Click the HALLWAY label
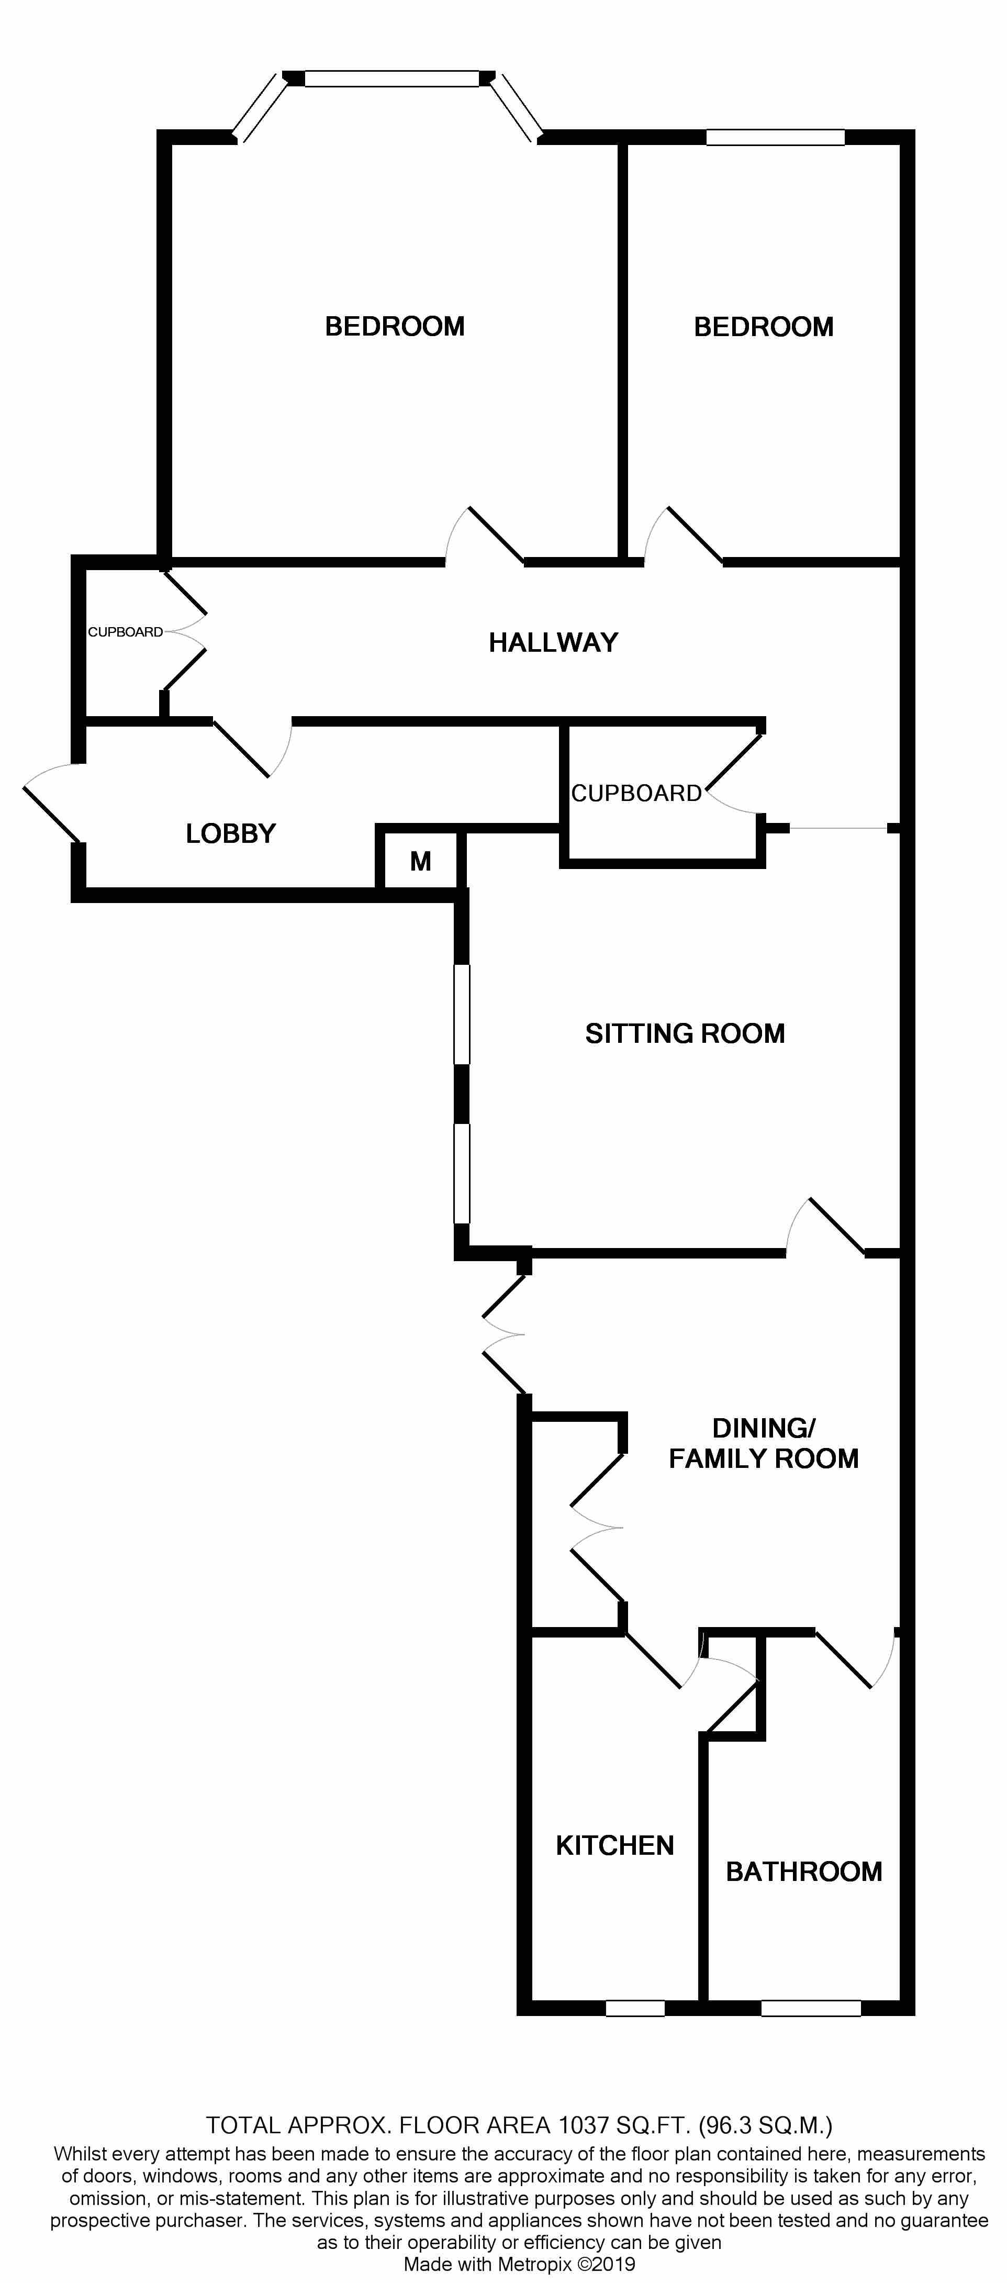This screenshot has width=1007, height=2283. click(x=553, y=642)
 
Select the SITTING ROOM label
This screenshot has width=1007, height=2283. click(x=685, y=1033)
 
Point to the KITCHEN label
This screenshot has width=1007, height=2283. click(x=614, y=1845)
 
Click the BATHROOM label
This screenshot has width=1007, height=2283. click(x=803, y=1871)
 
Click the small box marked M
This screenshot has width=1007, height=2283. click(x=420, y=861)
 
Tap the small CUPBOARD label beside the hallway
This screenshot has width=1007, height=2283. click(x=125, y=632)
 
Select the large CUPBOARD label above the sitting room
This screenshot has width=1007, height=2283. click(x=635, y=793)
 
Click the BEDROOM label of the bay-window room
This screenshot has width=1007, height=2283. click(x=395, y=326)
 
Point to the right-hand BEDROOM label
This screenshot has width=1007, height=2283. click(x=763, y=327)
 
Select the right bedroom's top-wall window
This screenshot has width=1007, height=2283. click(x=775, y=137)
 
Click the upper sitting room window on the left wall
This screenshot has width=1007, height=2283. click(x=461, y=1014)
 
